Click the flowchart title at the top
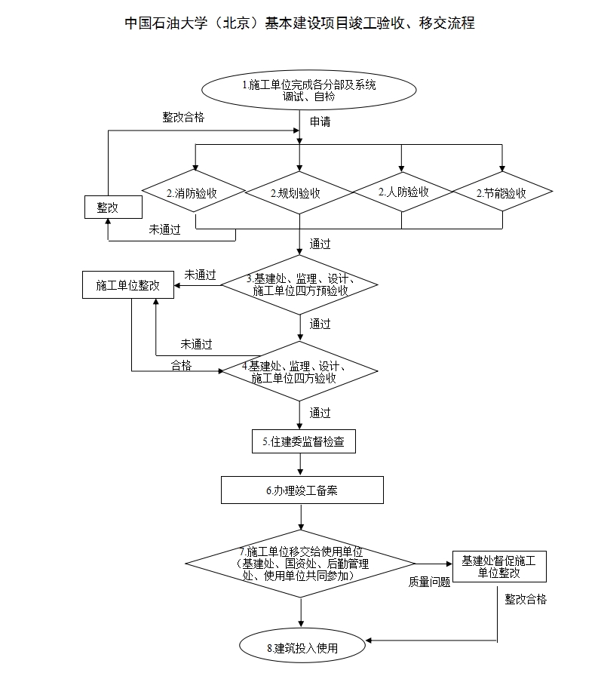(x=299, y=23)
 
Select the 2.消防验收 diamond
(x=195, y=193)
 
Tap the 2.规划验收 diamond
(x=299, y=193)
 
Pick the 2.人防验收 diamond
(x=403, y=192)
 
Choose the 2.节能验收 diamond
(x=501, y=193)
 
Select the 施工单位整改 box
(x=128, y=285)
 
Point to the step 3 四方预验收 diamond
(x=299, y=284)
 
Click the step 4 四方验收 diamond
(x=299, y=372)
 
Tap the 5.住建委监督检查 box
(x=303, y=442)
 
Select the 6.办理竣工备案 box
(x=302, y=490)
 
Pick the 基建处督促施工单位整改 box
(x=498, y=567)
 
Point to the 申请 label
(x=320, y=121)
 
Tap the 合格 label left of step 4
(x=181, y=365)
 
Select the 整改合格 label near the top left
(x=183, y=117)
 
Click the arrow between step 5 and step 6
(x=302, y=464)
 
